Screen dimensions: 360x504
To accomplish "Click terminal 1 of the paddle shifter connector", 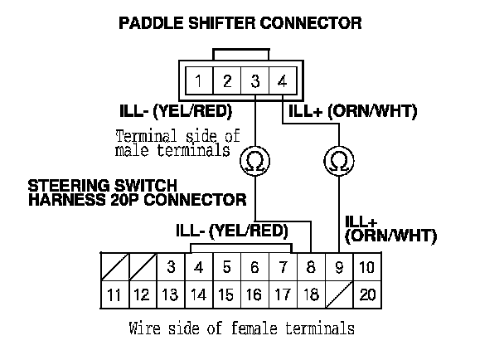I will click(x=200, y=81).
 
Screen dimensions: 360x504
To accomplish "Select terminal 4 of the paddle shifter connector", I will click(x=282, y=81).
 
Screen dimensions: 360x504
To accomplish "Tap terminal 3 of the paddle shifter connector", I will click(x=254, y=81).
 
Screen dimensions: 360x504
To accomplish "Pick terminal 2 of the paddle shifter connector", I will click(x=227, y=81).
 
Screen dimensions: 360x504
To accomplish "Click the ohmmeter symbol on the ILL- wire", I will click(x=254, y=162).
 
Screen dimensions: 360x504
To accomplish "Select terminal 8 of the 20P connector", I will click(x=312, y=267).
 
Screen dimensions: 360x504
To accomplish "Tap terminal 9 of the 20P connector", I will click(x=340, y=267).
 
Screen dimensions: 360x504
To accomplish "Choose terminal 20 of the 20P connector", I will click(x=368, y=294).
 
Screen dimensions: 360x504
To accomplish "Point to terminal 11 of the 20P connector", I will click(x=114, y=294).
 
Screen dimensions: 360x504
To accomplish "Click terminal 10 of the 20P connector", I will click(x=368, y=267).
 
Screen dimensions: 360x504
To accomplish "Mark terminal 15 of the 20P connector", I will click(x=226, y=294).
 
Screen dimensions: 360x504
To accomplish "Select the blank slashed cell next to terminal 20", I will click(x=340, y=294).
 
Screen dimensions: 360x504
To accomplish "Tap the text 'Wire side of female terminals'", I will click(x=242, y=328).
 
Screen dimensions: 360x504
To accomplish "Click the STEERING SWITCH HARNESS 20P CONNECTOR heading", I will click(x=137, y=193).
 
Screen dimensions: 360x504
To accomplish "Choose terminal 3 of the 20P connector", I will click(x=170, y=267).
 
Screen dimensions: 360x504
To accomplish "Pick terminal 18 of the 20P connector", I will click(x=312, y=294).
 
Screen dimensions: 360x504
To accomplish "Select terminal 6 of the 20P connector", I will click(x=254, y=267).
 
